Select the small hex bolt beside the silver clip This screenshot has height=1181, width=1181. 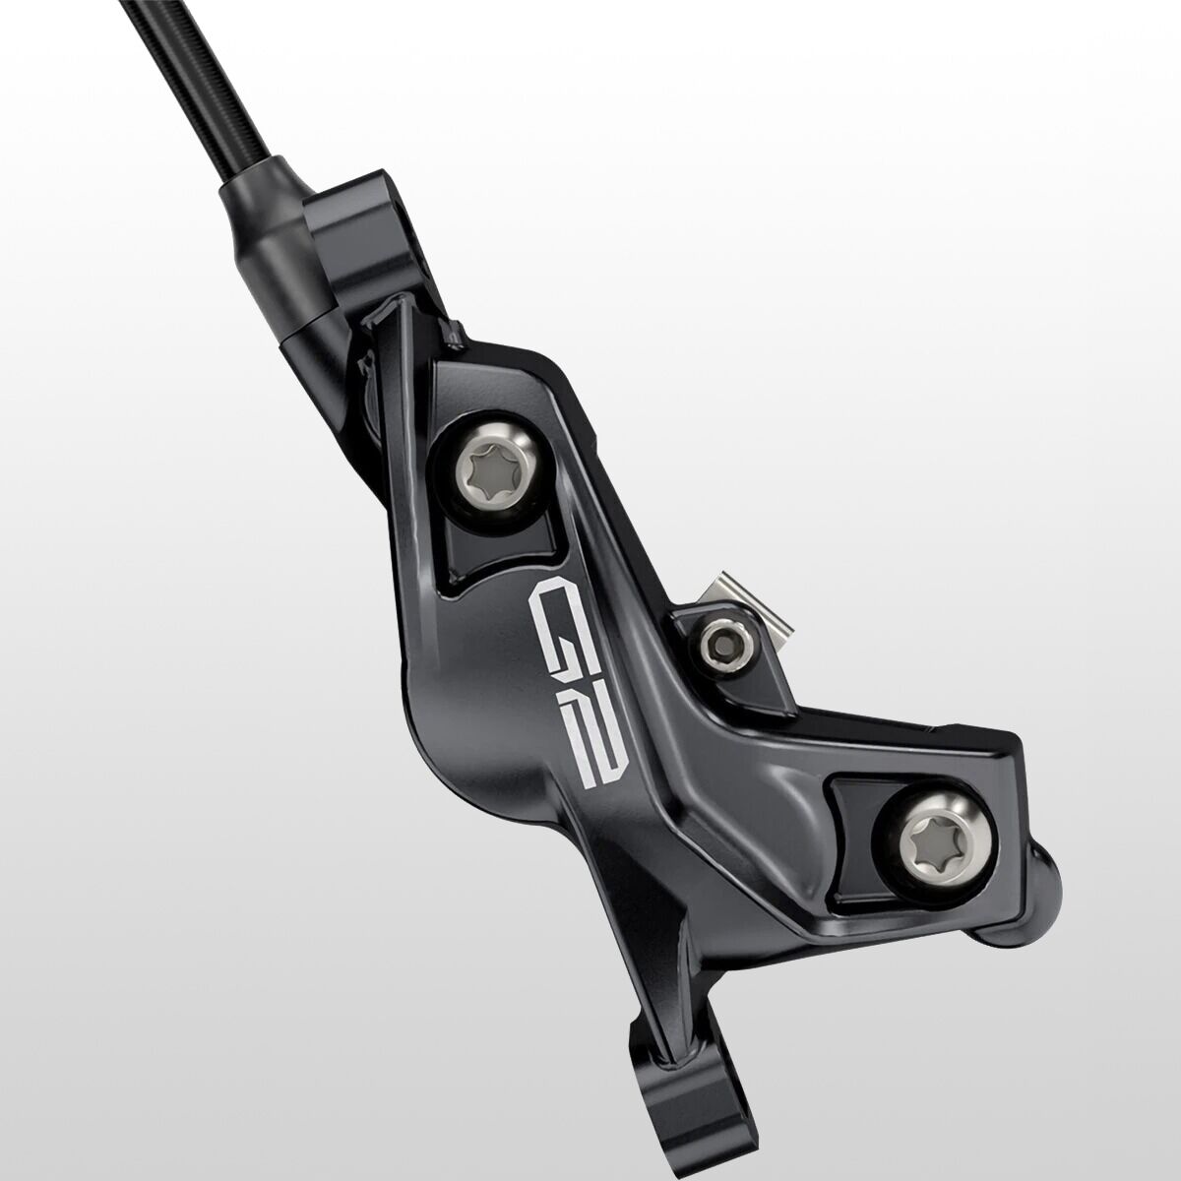pyautogui.click(x=720, y=643)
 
